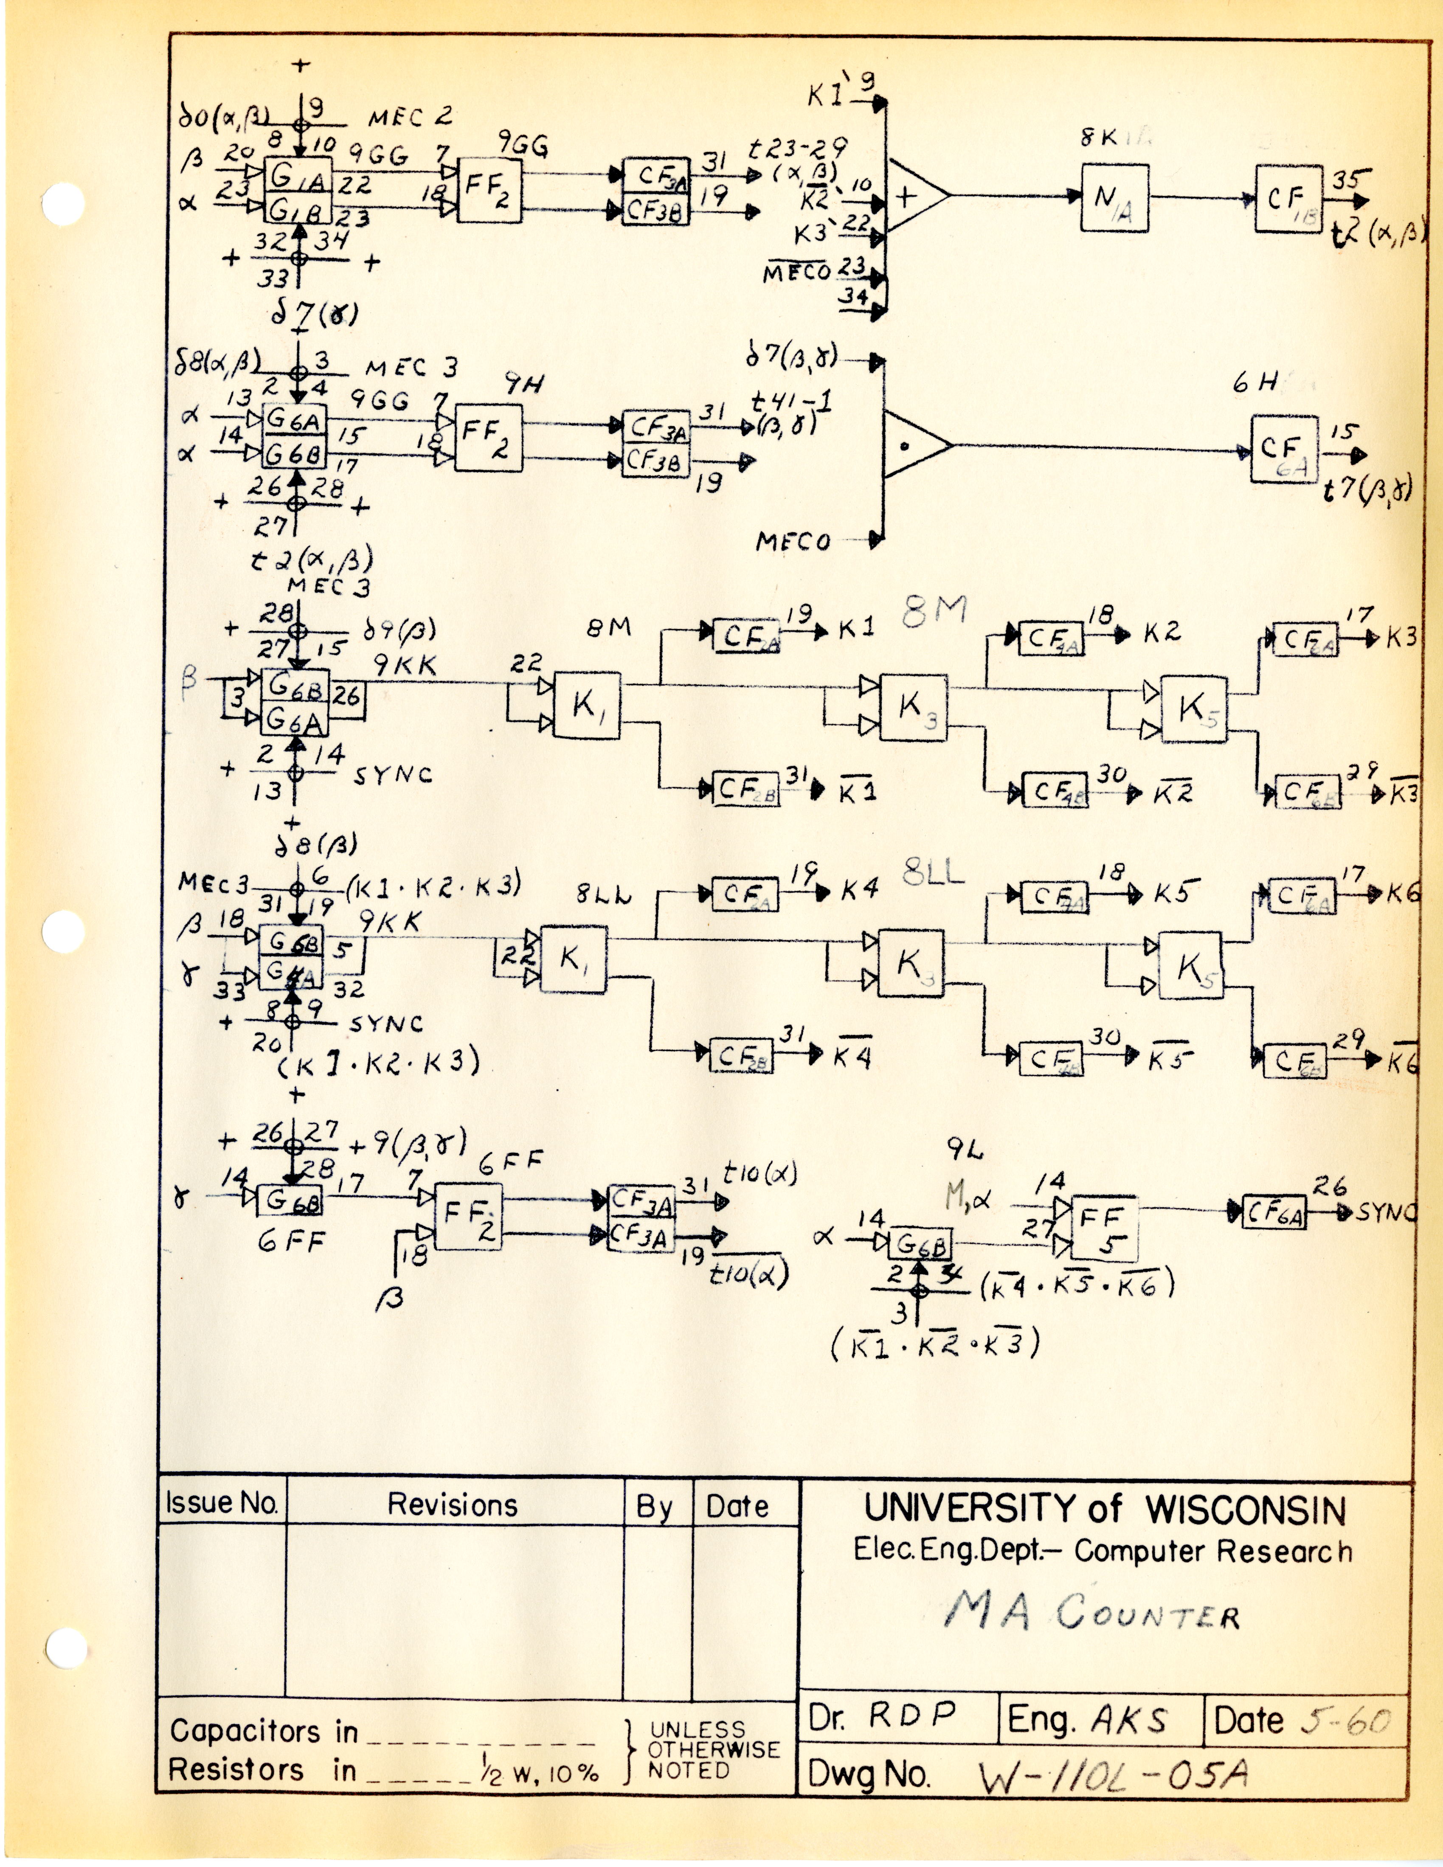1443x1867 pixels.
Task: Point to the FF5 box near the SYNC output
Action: [1104, 1228]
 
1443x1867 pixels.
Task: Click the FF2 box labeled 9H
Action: [487, 438]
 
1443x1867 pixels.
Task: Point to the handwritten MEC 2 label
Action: [411, 117]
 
